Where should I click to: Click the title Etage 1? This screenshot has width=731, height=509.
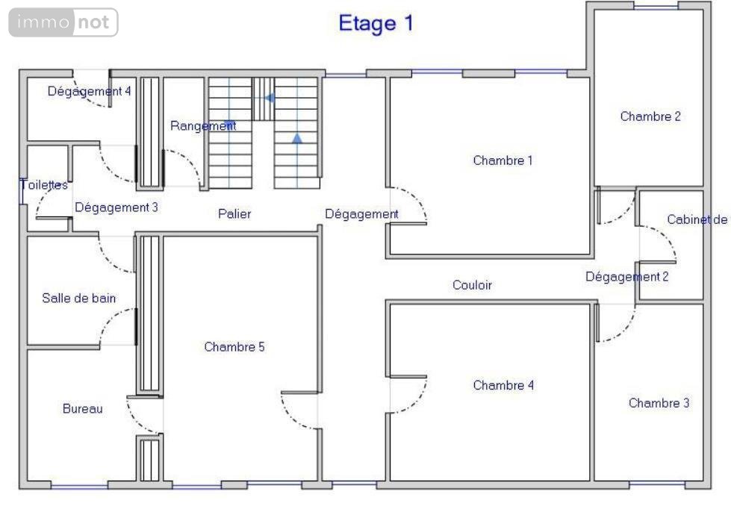(x=376, y=23)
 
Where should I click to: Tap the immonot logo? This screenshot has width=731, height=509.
(x=63, y=22)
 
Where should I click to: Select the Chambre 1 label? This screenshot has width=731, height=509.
(x=503, y=160)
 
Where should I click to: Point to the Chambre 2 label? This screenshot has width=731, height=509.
(x=650, y=116)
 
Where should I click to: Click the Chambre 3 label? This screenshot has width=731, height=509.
(x=659, y=403)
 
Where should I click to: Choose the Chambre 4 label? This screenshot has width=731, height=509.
(x=503, y=385)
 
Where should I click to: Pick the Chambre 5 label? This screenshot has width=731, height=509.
(x=234, y=347)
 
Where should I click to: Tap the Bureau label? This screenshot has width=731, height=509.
(x=83, y=409)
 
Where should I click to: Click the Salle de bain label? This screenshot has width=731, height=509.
(x=79, y=299)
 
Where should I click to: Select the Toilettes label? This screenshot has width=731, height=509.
(x=45, y=185)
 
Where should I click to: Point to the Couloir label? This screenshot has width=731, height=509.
(x=472, y=285)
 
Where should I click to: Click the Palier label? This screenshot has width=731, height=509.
(x=234, y=213)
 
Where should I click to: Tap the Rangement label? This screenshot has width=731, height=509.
(x=203, y=126)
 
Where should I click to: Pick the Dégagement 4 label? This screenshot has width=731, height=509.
(x=89, y=91)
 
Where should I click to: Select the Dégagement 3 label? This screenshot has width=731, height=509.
(x=116, y=207)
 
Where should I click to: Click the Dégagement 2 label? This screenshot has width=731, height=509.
(x=627, y=277)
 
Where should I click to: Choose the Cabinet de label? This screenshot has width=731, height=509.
(x=697, y=219)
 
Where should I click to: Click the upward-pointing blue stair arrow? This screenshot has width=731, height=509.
(x=297, y=138)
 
